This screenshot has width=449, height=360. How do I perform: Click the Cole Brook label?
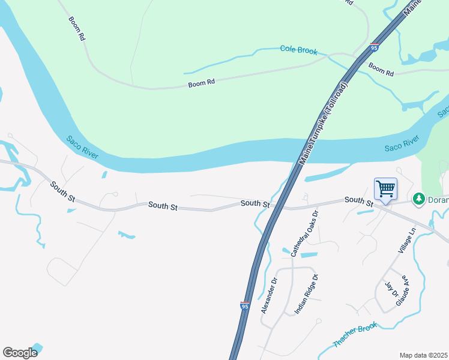point(298,50)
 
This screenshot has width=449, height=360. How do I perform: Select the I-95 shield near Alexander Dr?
point(244,306)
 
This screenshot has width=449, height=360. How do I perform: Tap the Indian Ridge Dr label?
point(306,295)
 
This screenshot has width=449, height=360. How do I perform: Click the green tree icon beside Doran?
point(418,198)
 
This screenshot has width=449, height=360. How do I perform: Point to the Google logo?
point(19,353)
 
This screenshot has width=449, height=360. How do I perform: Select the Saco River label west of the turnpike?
point(82,147)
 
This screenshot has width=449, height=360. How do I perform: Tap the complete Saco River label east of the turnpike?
point(402,145)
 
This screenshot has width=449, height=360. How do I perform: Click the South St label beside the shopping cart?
point(359,200)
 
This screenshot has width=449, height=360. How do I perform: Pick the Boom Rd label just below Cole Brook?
point(381,69)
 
